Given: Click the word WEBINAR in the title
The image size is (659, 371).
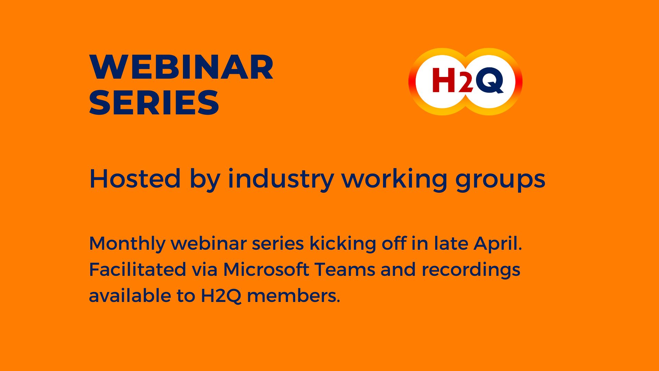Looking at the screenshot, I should pyautogui.click(x=181, y=67).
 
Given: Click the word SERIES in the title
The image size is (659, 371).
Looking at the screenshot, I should pyautogui.click(x=154, y=103).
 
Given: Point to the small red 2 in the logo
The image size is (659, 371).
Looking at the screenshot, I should pyautogui.click(x=465, y=85).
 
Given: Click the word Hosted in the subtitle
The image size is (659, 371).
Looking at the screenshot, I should pyautogui.click(x=135, y=179).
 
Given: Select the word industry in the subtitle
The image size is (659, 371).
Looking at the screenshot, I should pyautogui.click(x=280, y=179).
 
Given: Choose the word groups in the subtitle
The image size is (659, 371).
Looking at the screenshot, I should pyautogui.click(x=500, y=179).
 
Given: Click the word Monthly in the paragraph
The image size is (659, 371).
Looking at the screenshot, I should pyautogui.click(x=127, y=244).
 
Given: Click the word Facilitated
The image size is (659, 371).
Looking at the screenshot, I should pyautogui.click(x=137, y=269).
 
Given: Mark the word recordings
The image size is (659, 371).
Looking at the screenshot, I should pyautogui.click(x=471, y=270).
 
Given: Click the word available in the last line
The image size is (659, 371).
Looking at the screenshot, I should pyautogui.click(x=130, y=295).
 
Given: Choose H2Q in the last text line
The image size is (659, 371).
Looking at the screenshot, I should pyautogui.click(x=221, y=296).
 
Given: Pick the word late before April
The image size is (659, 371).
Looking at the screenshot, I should pyautogui.click(x=451, y=244).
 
